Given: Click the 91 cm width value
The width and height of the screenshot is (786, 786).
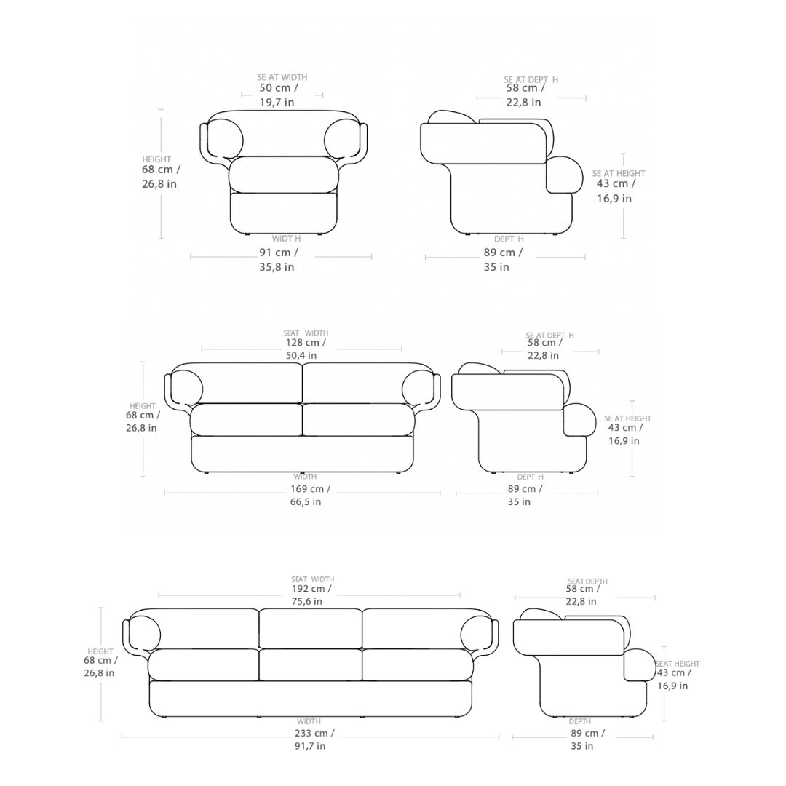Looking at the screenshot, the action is click(279, 253).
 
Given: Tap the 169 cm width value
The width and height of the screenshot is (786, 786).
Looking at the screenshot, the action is click(310, 489).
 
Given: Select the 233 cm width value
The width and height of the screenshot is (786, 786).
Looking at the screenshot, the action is click(314, 733).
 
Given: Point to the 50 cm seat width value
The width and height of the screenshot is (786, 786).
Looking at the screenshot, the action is click(279, 88).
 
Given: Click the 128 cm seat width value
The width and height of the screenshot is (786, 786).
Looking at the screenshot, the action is click(306, 343).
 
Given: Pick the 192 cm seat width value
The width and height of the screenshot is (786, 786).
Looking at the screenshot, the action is click(311, 589).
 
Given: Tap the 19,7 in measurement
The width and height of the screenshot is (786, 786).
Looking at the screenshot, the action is click(277, 103).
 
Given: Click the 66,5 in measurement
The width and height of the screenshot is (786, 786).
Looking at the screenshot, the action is click(306, 501).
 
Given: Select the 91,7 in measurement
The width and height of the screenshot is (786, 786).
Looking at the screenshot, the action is click(310, 746).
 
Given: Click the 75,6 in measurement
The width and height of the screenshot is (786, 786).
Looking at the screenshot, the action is click(307, 602).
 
